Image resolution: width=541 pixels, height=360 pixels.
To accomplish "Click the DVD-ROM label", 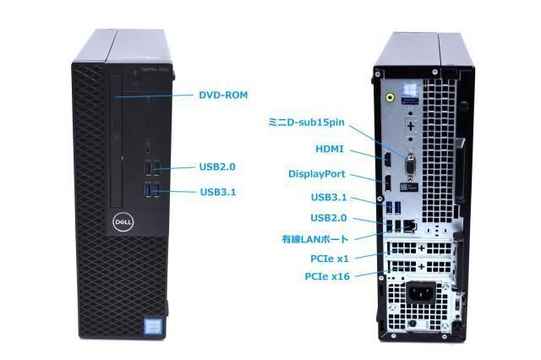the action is coord(223,95).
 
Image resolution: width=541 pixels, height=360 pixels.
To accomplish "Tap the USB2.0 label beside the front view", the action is coord(217,166).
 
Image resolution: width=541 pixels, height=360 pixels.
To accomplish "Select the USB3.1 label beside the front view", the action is coord(218,192).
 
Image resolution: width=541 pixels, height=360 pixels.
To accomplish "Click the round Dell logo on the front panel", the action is coord(123,221).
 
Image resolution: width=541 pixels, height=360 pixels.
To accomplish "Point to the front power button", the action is coord(134,77).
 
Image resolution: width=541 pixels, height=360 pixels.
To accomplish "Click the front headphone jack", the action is coord(149,150).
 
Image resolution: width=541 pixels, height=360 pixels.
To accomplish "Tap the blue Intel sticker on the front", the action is coord(153,326).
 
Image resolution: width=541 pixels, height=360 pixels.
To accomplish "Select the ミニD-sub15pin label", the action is coord(306,123).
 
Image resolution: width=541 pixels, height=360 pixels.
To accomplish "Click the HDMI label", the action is coord(330,149).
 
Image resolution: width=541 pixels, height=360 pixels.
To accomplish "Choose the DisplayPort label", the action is coord(316,174).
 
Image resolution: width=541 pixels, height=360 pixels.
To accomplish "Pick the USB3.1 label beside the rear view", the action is coord(329,197).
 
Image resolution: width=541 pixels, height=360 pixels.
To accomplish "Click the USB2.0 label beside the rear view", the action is coord(329,218).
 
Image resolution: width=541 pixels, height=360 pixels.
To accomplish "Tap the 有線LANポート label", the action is coord(315,239).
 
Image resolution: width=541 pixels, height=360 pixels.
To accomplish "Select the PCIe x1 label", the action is coord(330,259).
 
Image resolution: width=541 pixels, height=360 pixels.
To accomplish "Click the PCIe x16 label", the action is coord(327,276).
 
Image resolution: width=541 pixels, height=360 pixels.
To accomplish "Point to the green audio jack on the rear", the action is coord(391,97).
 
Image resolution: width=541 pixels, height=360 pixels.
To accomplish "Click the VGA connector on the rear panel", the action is coord(411,166).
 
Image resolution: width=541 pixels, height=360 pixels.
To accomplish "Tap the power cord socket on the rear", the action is coord(421,294).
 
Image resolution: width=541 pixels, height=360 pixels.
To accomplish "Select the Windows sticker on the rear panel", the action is coord(411,92).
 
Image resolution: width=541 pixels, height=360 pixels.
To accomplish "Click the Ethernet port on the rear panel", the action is coord(410,226).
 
